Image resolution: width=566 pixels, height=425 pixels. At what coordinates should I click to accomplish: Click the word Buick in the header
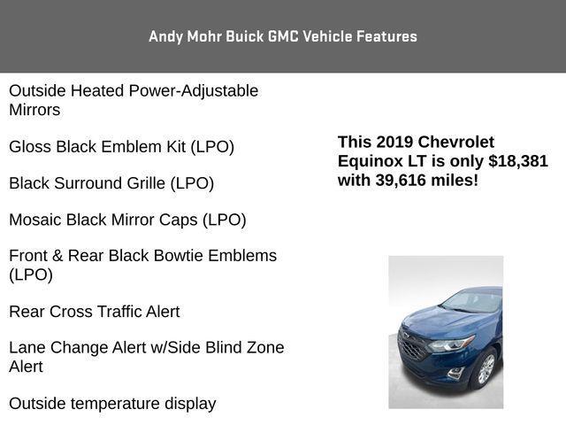[245, 36]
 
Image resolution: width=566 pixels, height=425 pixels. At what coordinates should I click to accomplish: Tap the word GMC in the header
[283, 36]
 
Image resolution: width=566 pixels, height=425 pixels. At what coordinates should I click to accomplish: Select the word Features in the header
[387, 36]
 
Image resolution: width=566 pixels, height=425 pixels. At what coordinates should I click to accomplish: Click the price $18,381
[518, 161]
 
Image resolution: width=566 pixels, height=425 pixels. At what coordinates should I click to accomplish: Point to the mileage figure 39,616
[401, 180]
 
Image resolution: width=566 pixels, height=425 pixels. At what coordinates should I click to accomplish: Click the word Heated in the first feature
[97, 90]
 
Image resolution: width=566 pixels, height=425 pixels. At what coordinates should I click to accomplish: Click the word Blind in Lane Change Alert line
[223, 348]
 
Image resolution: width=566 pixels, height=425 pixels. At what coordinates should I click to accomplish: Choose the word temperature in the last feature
[115, 404]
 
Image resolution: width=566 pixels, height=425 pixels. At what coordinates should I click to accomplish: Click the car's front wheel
[486, 368]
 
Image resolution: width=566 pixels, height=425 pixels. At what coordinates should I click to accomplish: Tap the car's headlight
[452, 344]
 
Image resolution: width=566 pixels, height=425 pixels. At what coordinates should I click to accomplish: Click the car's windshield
[473, 301]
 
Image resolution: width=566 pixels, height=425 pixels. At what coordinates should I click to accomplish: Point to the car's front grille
[411, 346]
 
